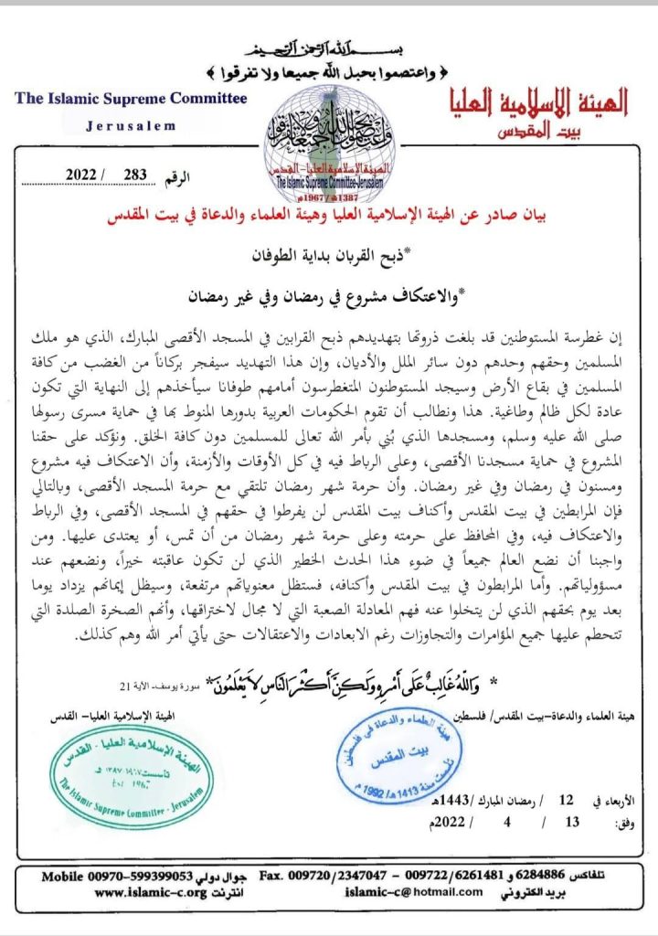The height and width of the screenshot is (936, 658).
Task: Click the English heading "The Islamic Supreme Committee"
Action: tap(131, 99)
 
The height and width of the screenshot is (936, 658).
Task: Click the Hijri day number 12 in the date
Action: tap(567, 800)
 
